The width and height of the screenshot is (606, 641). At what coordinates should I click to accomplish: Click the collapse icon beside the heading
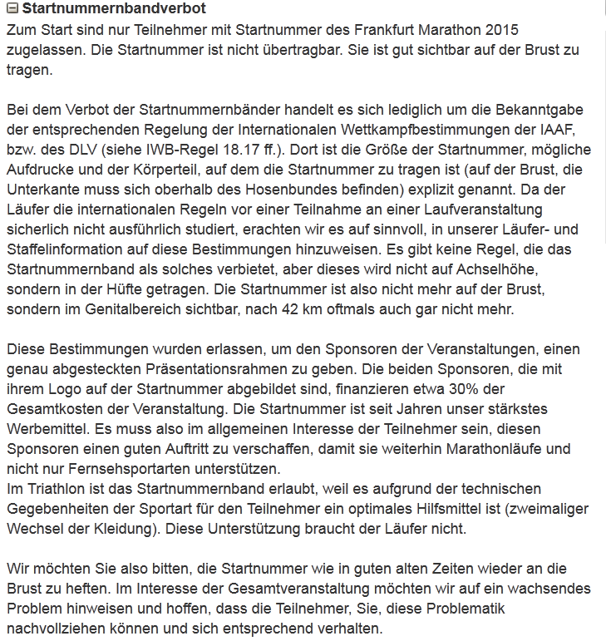click(x=11, y=10)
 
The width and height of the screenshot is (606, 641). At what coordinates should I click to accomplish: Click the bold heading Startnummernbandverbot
click(x=113, y=10)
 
